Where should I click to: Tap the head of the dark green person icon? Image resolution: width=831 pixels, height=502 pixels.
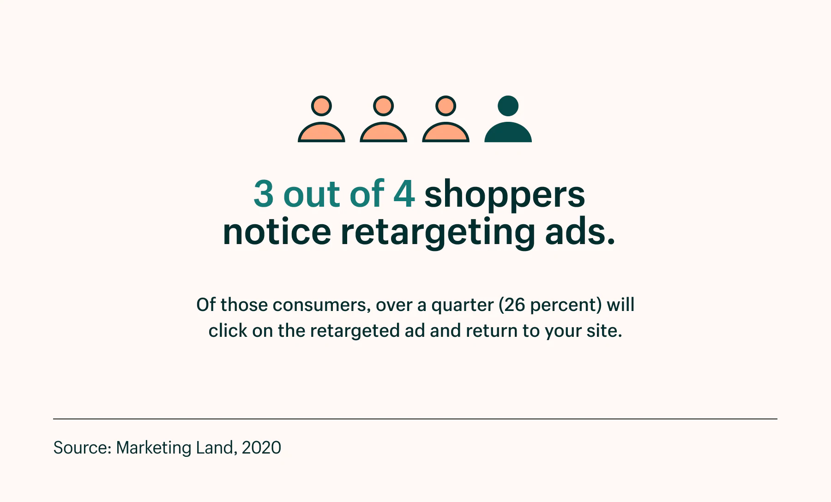(x=508, y=106)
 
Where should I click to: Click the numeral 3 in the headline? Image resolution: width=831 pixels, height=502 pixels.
(x=264, y=194)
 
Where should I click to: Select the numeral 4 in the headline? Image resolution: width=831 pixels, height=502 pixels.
(x=404, y=194)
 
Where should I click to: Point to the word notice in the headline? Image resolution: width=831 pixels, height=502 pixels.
(x=277, y=232)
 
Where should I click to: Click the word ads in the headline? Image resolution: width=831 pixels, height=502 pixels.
(x=580, y=232)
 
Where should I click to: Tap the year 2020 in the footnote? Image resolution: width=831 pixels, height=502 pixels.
(x=261, y=448)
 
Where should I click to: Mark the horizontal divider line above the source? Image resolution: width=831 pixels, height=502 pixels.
(x=415, y=419)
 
